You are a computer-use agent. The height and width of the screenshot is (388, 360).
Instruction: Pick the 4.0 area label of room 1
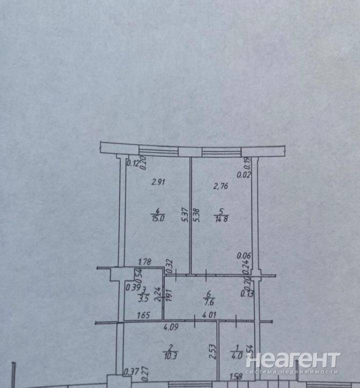coord(237,356)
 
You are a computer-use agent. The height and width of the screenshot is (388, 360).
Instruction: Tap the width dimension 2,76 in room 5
coord(221,187)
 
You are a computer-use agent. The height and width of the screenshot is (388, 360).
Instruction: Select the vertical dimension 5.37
coord(184,215)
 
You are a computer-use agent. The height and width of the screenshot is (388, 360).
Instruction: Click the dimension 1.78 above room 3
coord(144,261)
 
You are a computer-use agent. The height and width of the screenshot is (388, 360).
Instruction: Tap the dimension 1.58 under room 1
coord(235,376)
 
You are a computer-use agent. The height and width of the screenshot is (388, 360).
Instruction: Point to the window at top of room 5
coord(220,152)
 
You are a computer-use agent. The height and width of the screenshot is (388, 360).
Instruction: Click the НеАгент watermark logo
coord(292,362)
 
